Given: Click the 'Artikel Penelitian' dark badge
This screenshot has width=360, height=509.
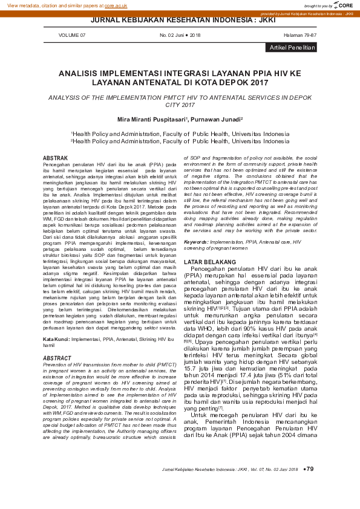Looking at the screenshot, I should [293, 47].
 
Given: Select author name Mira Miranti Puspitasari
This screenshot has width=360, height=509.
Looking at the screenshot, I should [151, 120].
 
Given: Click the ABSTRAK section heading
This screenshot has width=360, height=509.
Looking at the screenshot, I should [56, 158].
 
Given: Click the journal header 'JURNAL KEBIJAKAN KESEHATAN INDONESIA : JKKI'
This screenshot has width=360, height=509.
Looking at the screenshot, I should [180, 20].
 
